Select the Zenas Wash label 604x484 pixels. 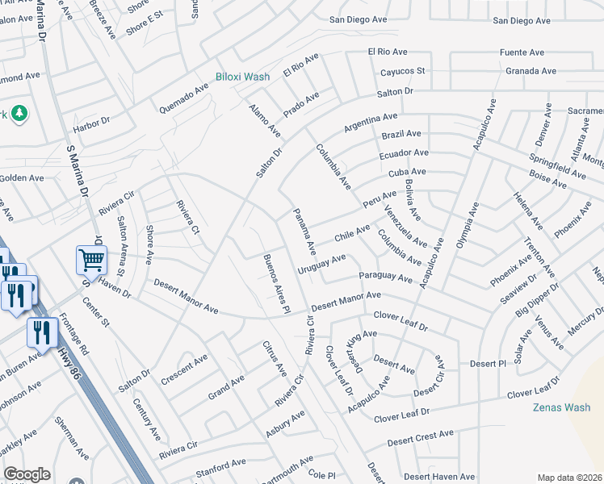[561, 407]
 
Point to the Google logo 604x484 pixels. [27, 474]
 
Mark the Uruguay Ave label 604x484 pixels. [321, 263]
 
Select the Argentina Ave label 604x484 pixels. [371, 123]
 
